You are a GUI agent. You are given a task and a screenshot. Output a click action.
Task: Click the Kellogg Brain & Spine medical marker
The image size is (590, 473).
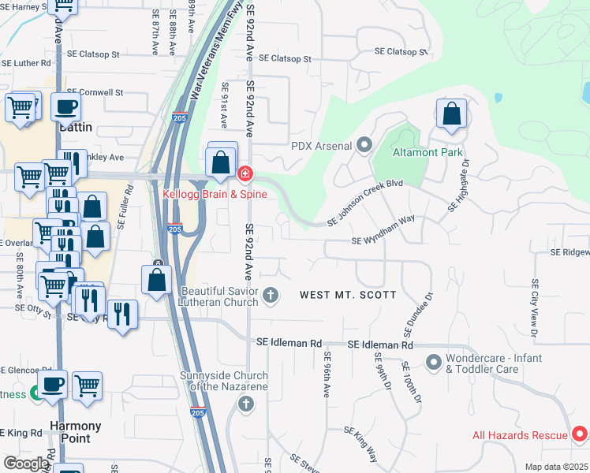coord(245,173)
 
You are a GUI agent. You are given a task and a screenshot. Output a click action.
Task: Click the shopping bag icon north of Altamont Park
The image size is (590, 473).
coord(452,114)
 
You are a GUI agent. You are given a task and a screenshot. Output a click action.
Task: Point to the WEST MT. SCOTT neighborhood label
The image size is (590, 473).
coord(342,295)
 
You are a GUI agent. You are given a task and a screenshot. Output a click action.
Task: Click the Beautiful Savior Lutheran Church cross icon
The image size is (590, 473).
coord(271,296)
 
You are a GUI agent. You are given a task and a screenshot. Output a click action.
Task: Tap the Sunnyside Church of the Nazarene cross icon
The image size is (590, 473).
coord(245,404)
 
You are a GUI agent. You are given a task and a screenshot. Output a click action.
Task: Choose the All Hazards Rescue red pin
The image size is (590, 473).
coord(579,434)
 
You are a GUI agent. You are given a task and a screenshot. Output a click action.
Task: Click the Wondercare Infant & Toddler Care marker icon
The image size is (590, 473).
coord(433,363)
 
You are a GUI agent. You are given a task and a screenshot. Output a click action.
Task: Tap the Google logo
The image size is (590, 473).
coord(26,464)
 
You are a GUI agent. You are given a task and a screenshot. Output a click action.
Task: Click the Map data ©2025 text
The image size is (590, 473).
coord(555,467)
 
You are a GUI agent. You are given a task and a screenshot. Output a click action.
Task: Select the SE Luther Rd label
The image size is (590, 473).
coord(26,63)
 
